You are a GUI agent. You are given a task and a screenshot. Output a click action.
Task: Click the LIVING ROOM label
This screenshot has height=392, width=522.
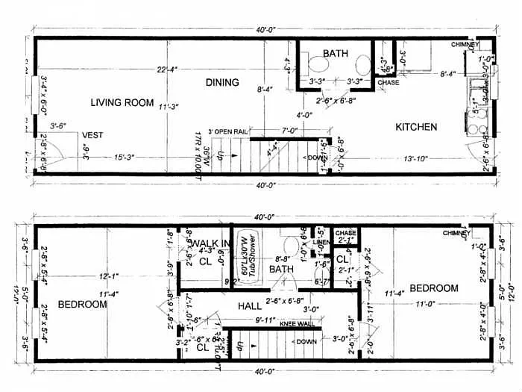[122, 102]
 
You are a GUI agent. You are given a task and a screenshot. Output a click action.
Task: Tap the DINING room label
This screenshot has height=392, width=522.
[222, 82]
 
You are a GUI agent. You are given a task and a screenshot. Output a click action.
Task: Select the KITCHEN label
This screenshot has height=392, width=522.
[416, 127]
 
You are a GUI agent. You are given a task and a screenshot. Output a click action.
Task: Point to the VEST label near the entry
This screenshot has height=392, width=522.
[92, 135]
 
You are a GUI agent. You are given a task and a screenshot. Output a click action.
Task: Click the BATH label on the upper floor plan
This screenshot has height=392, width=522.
[336, 54]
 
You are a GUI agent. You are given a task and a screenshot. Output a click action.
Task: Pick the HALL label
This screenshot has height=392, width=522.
[250, 306]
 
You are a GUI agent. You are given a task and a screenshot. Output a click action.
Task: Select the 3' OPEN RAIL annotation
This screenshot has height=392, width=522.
[227, 131]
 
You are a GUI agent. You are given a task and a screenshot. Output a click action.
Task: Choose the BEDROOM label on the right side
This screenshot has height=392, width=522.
[433, 288]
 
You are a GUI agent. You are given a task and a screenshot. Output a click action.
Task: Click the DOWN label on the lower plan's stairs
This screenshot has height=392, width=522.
[306, 341]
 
